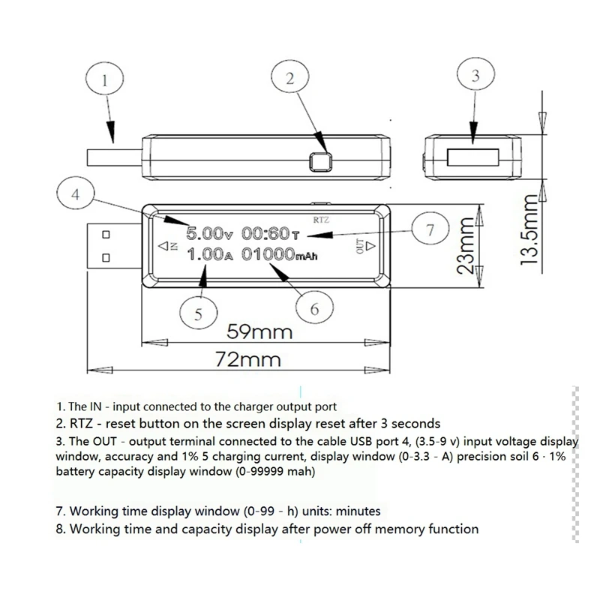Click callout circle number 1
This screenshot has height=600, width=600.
pos(105,78)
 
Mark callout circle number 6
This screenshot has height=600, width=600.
pos(315,307)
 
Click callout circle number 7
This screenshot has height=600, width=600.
pos(430,230)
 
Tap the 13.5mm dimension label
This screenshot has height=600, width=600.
pos(532,226)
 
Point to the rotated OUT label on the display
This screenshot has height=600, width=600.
pos(361,244)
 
